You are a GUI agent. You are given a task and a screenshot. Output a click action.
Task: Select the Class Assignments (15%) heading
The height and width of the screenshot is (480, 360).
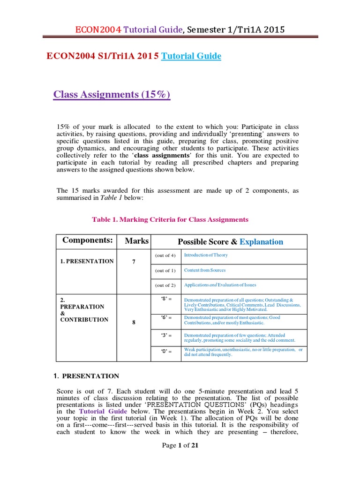(112, 95)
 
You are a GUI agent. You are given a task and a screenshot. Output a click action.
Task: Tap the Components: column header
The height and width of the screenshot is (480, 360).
(88, 241)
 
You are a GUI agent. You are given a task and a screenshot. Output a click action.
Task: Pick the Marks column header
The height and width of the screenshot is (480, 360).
(136, 241)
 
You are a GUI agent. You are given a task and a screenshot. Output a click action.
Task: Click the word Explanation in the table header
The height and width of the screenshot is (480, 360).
(262, 242)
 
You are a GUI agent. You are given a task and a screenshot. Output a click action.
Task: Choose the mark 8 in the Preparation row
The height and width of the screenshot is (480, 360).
(134, 322)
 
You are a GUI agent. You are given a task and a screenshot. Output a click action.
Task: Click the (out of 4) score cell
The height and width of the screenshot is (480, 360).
(165, 255)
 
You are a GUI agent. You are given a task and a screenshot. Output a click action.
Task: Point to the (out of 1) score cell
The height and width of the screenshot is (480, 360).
(165, 270)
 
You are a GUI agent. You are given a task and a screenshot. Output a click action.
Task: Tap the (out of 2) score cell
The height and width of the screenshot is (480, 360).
(165, 285)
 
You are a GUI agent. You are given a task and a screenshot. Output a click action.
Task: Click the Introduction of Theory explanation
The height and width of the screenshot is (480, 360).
(206, 255)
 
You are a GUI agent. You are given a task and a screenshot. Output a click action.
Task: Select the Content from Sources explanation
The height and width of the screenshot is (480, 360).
(205, 270)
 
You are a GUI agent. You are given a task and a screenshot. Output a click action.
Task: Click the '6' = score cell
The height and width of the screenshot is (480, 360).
(165, 318)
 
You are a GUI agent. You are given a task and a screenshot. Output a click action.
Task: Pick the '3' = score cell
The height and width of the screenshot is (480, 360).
(165, 336)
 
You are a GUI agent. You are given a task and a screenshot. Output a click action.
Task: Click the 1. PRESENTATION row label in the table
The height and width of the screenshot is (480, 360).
(87, 261)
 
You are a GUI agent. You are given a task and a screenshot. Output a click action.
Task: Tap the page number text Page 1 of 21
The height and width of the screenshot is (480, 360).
(180, 445)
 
